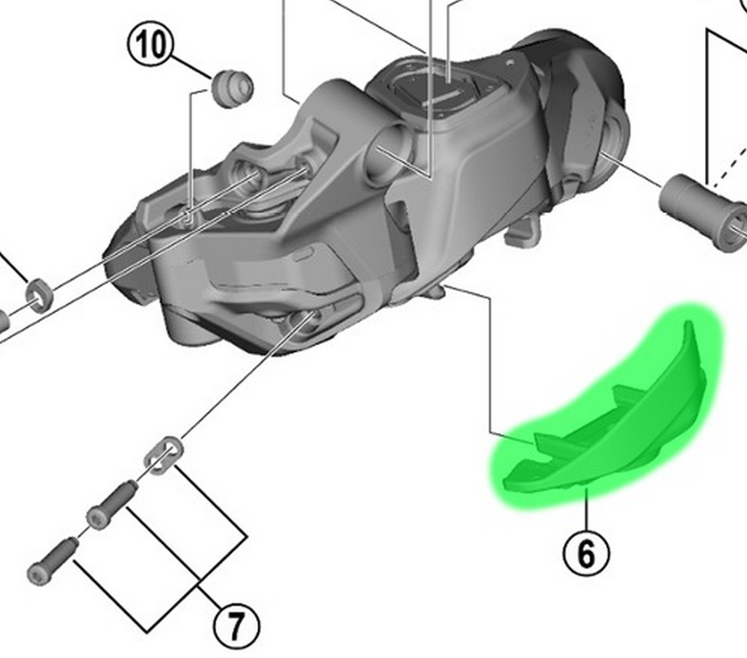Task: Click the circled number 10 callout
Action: (x=152, y=45)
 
